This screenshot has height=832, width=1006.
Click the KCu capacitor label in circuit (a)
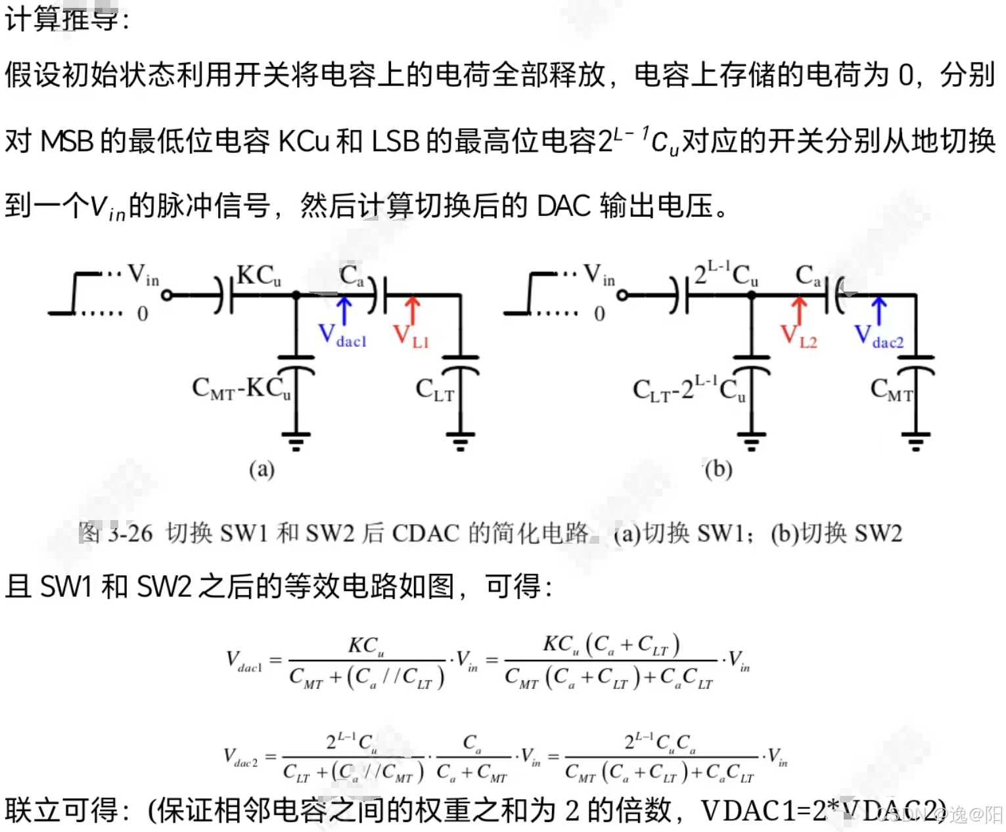click(x=258, y=276)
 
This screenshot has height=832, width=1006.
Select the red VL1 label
click(x=411, y=336)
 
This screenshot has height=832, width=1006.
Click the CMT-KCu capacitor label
click(x=241, y=389)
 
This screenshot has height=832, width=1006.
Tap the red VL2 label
click(x=798, y=336)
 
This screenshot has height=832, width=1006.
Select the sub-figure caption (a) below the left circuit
click(x=262, y=469)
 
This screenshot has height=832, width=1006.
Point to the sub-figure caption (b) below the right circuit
click(x=718, y=469)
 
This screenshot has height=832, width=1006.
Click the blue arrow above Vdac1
click(x=344, y=309)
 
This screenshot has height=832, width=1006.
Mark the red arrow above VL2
click(x=799, y=309)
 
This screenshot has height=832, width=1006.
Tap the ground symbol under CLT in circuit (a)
click(x=460, y=440)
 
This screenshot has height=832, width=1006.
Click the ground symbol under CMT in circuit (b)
click(x=916, y=440)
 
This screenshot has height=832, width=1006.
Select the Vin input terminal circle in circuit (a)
click(x=167, y=296)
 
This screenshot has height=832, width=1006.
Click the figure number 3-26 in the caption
click(x=130, y=533)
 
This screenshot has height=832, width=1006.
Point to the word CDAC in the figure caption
click(x=425, y=533)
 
